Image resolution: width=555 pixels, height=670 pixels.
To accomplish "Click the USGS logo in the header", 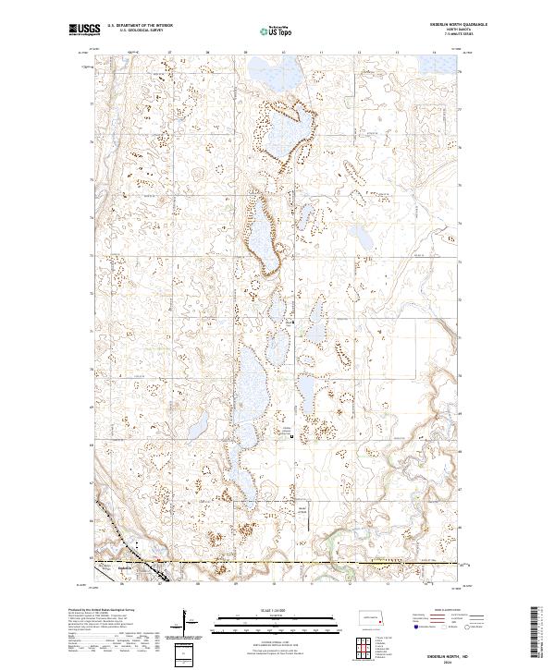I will [84, 30].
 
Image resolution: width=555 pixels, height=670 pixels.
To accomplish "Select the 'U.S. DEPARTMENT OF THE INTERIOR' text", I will [140, 26].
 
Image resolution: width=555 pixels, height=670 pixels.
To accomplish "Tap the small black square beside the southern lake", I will [292, 437].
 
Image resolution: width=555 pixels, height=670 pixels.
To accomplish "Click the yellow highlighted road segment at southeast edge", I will [407, 562].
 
